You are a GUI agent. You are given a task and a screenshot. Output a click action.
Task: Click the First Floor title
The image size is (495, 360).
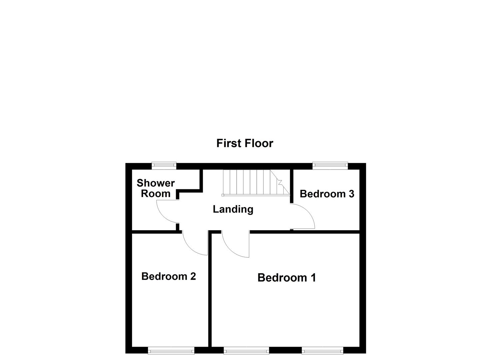(x=245, y=143)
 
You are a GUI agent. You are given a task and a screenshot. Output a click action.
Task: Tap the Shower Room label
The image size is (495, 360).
(x=156, y=188)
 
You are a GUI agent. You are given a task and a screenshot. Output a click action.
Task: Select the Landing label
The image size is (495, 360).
(x=233, y=209)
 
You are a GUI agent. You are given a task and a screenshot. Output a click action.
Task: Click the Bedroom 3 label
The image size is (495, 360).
(x=327, y=194)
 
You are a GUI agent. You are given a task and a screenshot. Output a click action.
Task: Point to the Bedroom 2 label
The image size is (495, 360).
(x=168, y=276)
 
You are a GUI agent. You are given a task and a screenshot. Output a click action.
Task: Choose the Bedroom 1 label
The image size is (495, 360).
(x=287, y=278)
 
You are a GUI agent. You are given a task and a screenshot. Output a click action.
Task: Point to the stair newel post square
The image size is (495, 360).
(x=223, y=195)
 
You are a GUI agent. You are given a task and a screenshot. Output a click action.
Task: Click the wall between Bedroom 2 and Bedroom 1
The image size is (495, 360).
(x=210, y=290)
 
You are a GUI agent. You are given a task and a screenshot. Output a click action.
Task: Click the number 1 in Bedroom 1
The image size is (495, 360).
(x=313, y=278)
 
